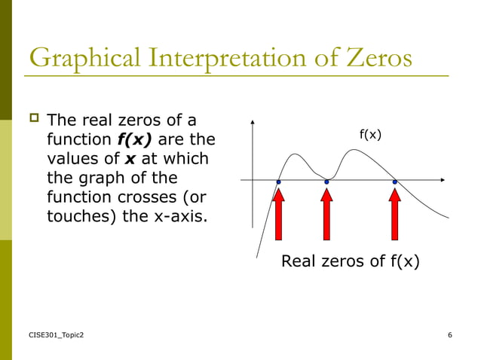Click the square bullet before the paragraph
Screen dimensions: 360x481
(x=33, y=119)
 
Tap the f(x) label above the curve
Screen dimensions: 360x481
(x=370, y=135)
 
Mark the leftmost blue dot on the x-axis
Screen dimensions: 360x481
(x=278, y=182)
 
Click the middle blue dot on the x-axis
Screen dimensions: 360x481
(x=326, y=182)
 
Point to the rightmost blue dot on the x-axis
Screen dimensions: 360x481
(x=394, y=182)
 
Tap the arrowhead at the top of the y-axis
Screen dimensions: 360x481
(x=253, y=123)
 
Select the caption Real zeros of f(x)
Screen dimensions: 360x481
(x=350, y=261)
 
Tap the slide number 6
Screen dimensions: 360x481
(x=449, y=334)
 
